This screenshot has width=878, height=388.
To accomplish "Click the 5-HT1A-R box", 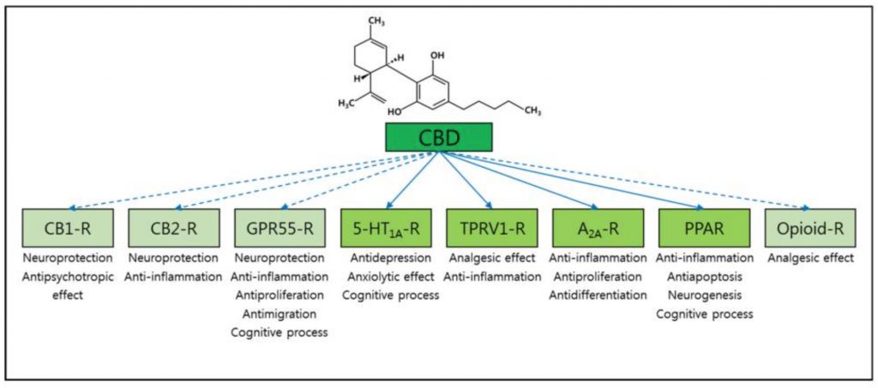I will click(387, 229).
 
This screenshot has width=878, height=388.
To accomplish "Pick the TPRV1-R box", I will click(491, 229).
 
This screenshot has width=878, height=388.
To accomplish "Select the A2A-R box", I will click(597, 229).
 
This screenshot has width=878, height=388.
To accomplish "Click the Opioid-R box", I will click(808, 229).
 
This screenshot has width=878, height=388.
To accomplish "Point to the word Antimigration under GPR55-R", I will click(280, 313).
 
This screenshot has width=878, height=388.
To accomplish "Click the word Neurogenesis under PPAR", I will click(703, 295).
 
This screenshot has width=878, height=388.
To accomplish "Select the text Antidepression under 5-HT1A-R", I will click(387, 258).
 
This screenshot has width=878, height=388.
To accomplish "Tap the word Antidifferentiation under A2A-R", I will click(597, 295).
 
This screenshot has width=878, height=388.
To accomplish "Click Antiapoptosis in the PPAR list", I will click(703, 276).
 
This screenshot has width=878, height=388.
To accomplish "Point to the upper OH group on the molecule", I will click(438, 55).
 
